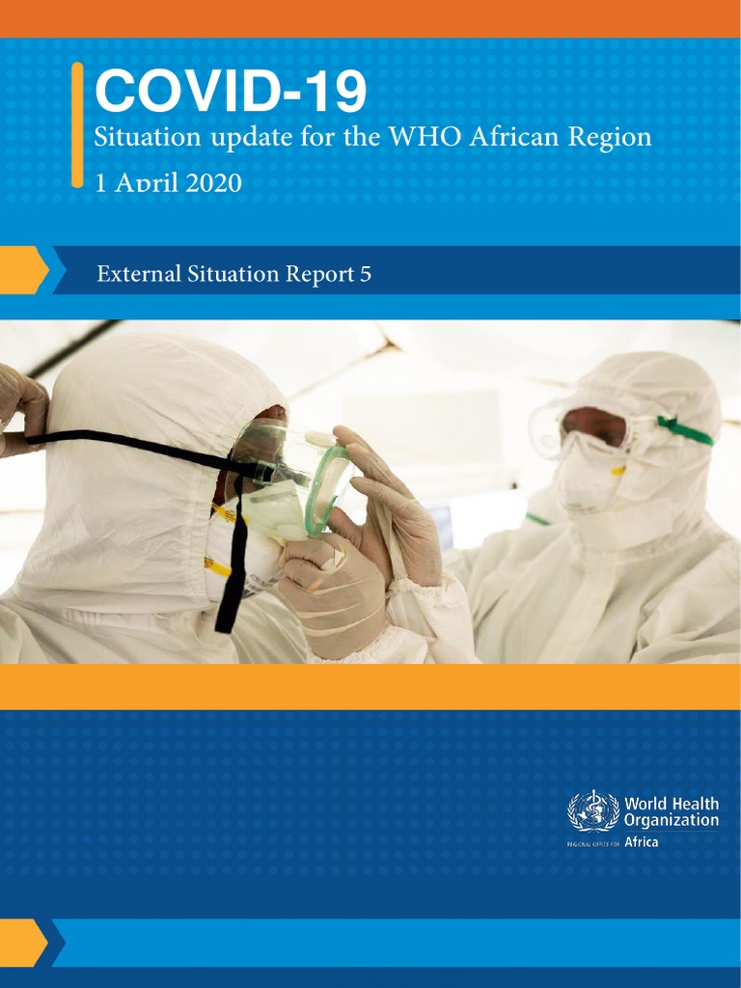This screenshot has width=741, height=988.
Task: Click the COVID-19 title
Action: (x=230, y=93)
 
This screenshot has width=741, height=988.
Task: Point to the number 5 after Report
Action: (x=365, y=274)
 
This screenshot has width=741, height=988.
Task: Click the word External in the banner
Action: (x=132, y=274)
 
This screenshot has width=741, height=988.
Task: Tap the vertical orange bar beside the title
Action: (x=77, y=124)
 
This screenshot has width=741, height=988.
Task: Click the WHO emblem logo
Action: (x=592, y=810)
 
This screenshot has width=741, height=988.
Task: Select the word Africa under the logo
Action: (x=643, y=841)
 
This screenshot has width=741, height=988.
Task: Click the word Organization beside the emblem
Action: (x=672, y=820)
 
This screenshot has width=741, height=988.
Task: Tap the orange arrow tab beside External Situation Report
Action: (x=23, y=270)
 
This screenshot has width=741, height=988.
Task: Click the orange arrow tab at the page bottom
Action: (x=23, y=942)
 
